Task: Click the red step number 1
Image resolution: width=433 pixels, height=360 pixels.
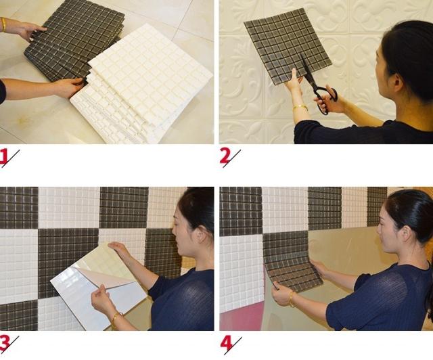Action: (5, 157)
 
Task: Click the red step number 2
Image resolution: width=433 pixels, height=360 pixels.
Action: (225, 157)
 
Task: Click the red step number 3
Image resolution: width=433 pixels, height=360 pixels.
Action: (5, 344)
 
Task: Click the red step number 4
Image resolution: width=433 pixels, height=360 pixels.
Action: (226, 344)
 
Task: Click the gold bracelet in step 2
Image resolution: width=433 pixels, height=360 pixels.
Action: (300, 108)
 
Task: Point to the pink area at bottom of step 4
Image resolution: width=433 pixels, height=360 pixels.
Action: (240, 318)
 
